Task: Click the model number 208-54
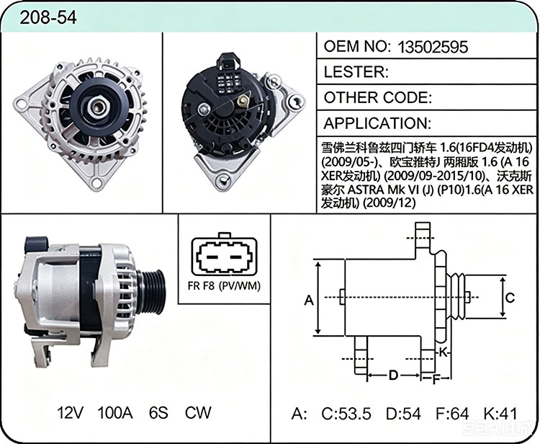48,17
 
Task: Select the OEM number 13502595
433,47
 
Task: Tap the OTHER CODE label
378,97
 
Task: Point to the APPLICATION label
377,123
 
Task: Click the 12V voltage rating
71,412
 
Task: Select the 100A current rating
115,412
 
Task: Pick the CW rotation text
198,412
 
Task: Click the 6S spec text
158,412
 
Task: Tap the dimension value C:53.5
346,414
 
